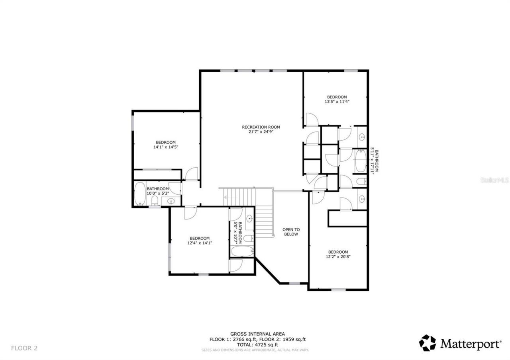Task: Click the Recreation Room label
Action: pos(261,127)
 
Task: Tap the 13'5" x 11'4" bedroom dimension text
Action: pos(337,102)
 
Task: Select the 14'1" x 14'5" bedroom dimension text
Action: pos(165,147)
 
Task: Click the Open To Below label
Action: pos(291,232)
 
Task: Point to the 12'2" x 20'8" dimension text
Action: pos(338,257)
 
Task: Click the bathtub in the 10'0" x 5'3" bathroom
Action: pos(140,194)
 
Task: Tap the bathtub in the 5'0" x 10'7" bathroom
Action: pos(242,251)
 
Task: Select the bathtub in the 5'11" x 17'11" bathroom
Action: pos(360,160)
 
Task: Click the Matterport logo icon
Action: pos(427,343)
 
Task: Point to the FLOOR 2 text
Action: pos(24,348)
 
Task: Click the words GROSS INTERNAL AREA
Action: pos(257,334)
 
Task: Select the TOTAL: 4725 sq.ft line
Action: pos(257,344)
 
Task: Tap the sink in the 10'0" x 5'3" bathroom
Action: pos(171,201)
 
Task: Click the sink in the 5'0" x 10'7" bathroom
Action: pos(249,218)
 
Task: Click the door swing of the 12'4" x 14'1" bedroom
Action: pos(190,212)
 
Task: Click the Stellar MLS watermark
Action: pos(494,180)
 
